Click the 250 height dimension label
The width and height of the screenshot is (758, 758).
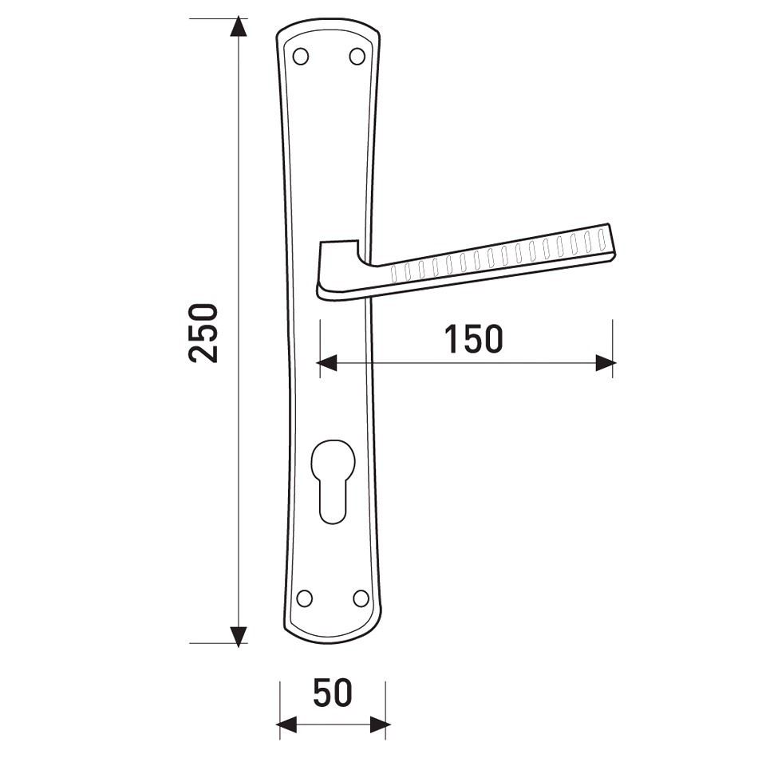click(x=203, y=333)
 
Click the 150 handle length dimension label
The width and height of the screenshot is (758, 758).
click(x=474, y=339)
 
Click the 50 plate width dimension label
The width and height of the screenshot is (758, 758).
click(x=333, y=693)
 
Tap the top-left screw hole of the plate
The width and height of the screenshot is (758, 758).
click(x=301, y=57)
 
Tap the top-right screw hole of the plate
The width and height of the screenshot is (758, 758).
click(x=357, y=57)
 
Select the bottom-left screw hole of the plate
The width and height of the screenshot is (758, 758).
click(x=305, y=598)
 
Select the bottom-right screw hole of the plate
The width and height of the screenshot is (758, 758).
click(x=361, y=598)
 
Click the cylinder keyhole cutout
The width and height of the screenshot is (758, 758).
click(x=333, y=481)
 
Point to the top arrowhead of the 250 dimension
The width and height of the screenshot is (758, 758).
click(x=238, y=27)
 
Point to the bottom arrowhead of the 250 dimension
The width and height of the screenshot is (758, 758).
click(x=238, y=637)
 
